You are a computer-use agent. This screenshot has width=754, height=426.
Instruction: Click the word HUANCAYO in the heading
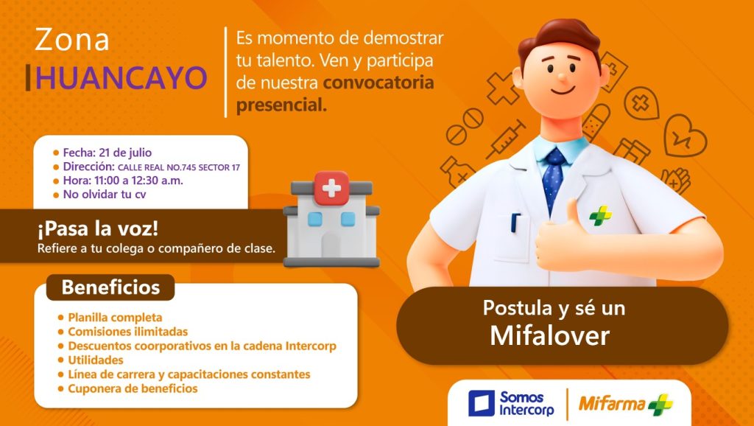coord(121,78)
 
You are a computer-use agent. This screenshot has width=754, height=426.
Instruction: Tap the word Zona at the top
coord(72,40)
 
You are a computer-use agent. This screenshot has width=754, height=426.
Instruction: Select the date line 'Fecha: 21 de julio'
coord(108,153)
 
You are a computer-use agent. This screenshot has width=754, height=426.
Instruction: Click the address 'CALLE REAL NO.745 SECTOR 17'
coord(179,167)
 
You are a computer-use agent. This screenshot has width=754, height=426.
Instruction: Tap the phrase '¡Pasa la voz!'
coord(98,228)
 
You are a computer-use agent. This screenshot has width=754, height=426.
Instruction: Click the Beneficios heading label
coord(110,287)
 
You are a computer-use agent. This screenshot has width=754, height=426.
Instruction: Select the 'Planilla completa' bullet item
coord(115,317)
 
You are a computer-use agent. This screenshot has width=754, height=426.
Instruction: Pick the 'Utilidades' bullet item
coord(96,360)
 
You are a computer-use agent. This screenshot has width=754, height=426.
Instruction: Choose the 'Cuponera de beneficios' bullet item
coord(133,388)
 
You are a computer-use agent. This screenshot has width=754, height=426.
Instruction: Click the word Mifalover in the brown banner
coord(549,336)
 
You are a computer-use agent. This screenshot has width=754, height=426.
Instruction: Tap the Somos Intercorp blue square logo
coord(482,403)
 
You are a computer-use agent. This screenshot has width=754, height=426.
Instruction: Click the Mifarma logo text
coord(612,403)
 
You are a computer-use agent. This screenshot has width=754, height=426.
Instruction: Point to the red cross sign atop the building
coord(331,188)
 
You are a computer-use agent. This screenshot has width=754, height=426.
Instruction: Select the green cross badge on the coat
coord(601,215)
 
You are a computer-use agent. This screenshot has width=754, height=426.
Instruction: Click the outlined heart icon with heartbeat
coord(685,136)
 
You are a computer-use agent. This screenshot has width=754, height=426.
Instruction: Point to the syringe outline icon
coord(505,139)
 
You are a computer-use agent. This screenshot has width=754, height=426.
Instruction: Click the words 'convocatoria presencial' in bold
coord(335,94)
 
